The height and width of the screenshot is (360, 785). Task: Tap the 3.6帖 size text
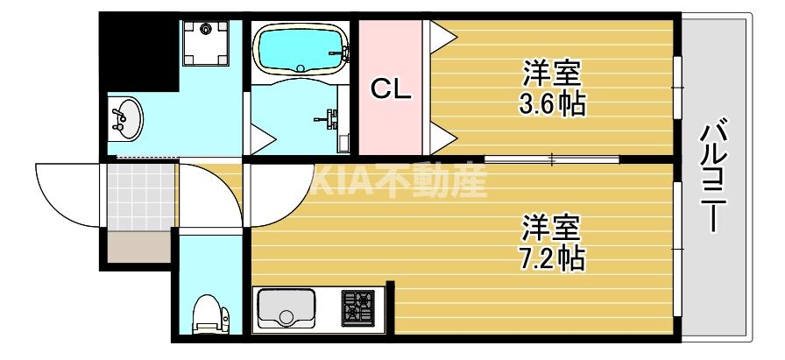click(x=552, y=105)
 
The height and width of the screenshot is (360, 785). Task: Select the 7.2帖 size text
click(x=552, y=258)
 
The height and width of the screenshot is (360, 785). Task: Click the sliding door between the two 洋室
click(x=552, y=159)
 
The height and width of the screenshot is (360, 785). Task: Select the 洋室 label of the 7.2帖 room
click(x=552, y=227)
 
